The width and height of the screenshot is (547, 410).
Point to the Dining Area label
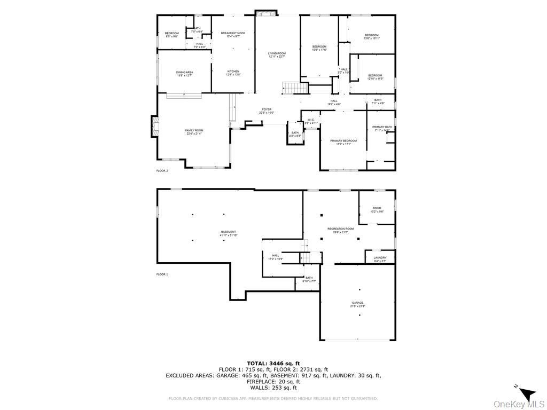pos(184,74)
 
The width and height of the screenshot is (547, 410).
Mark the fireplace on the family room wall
pos(155,127)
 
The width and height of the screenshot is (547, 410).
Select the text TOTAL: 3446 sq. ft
pos(273,363)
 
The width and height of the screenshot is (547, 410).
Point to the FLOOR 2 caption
pos(162,171)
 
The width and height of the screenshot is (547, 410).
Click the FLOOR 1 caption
pos(162,274)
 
